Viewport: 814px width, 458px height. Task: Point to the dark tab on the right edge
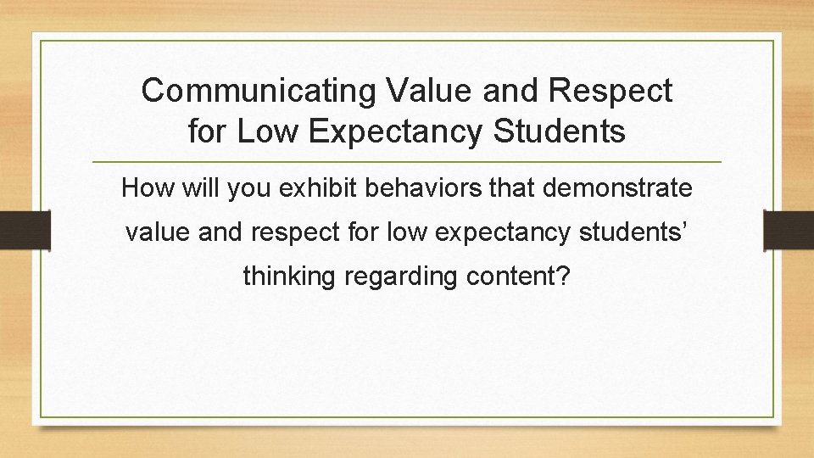pyautogui.click(x=788, y=229)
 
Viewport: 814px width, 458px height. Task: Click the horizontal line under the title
pyautogui.click(x=406, y=161)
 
